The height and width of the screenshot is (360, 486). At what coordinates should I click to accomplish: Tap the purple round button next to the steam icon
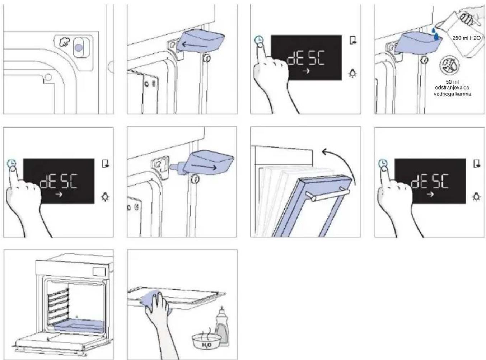[x=79, y=47]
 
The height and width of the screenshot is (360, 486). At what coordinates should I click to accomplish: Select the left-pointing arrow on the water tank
[x=194, y=45]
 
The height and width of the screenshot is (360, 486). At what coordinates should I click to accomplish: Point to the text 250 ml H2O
[x=466, y=38]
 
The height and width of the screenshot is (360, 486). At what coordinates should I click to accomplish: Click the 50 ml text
[x=452, y=82]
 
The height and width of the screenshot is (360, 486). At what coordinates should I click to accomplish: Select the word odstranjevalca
[x=452, y=88]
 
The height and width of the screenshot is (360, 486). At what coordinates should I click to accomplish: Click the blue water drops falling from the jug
[x=435, y=34]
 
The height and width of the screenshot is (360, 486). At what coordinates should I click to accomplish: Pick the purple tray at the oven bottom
[x=79, y=325]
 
